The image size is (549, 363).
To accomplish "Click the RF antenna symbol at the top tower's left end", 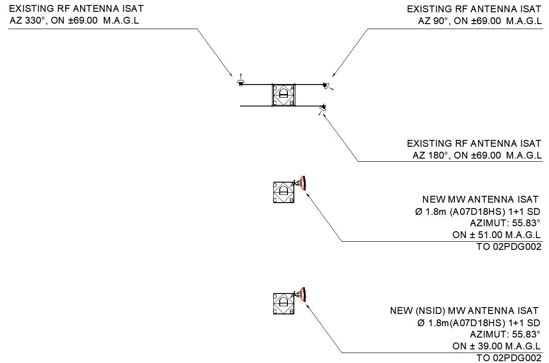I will [241, 82].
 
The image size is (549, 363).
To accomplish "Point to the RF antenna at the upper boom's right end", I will [326, 85].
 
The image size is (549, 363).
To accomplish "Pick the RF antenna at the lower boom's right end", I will [323, 107].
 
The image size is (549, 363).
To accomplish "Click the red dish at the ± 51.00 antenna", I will [303, 183].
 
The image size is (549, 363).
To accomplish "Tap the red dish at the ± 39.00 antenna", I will [303, 294].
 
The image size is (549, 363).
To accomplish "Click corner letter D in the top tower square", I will [274, 88].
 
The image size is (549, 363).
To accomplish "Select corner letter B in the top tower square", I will [292, 103].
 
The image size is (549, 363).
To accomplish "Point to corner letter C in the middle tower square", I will [275, 200].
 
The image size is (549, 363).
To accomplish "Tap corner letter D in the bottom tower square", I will [275, 297].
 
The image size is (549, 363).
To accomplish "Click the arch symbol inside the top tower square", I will [283, 94].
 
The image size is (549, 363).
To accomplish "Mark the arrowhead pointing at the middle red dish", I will [308, 194].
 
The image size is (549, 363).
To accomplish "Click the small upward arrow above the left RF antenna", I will [241, 75].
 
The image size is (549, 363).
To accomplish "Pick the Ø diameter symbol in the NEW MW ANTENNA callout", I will [419, 212].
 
